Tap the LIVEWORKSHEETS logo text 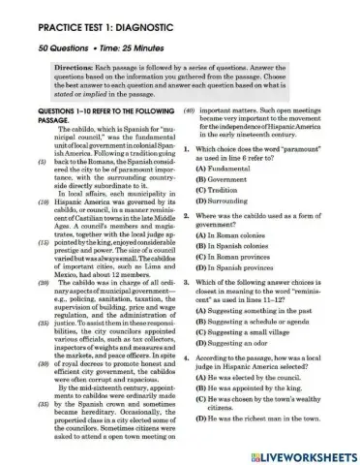point(305,454)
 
